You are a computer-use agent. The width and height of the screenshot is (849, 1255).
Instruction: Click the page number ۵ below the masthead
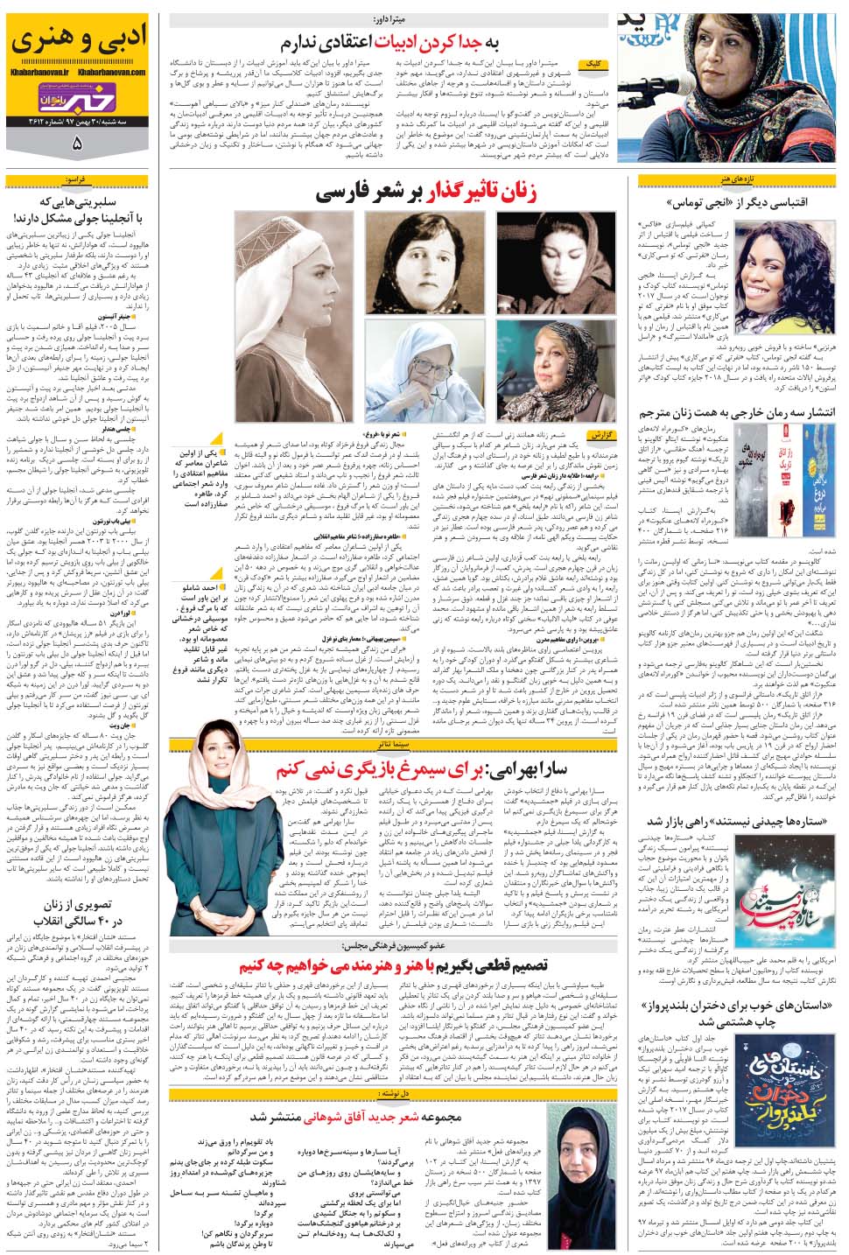pyautogui.click(x=79, y=144)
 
